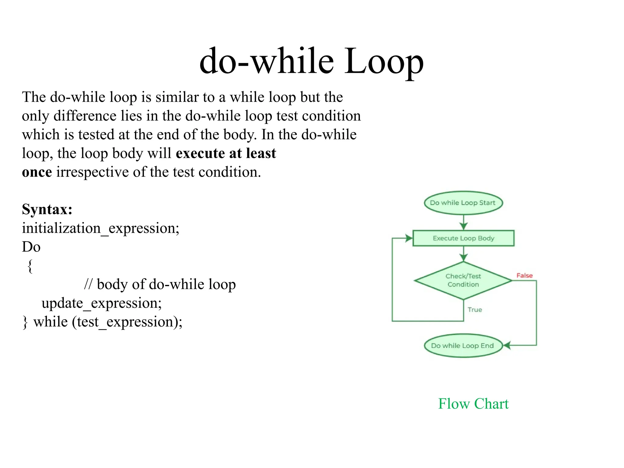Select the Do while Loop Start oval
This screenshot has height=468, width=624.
[x=463, y=203]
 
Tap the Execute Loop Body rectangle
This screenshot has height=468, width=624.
[x=463, y=238]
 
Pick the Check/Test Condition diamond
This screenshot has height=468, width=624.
[x=463, y=280]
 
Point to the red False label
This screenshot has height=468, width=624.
[x=524, y=275]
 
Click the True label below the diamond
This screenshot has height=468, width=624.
[x=475, y=310]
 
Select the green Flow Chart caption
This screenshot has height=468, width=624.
[x=473, y=404]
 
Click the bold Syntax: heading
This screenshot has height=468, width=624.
[x=47, y=209]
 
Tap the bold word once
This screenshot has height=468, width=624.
[x=37, y=172]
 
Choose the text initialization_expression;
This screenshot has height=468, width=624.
[x=101, y=228]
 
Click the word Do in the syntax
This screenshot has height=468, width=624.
[x=31, y=247]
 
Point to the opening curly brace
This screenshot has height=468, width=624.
[x=30, y=266]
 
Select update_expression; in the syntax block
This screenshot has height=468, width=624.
[x=101, y=303]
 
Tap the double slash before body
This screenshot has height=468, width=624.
[x=88, y=284]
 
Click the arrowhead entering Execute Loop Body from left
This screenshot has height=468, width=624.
[x=409, y=238]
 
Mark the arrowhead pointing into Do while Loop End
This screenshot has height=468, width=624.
[x=506, y=346]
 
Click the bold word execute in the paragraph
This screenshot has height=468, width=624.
[x=200, y=153]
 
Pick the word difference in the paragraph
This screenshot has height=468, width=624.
[x=85, y=116]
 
